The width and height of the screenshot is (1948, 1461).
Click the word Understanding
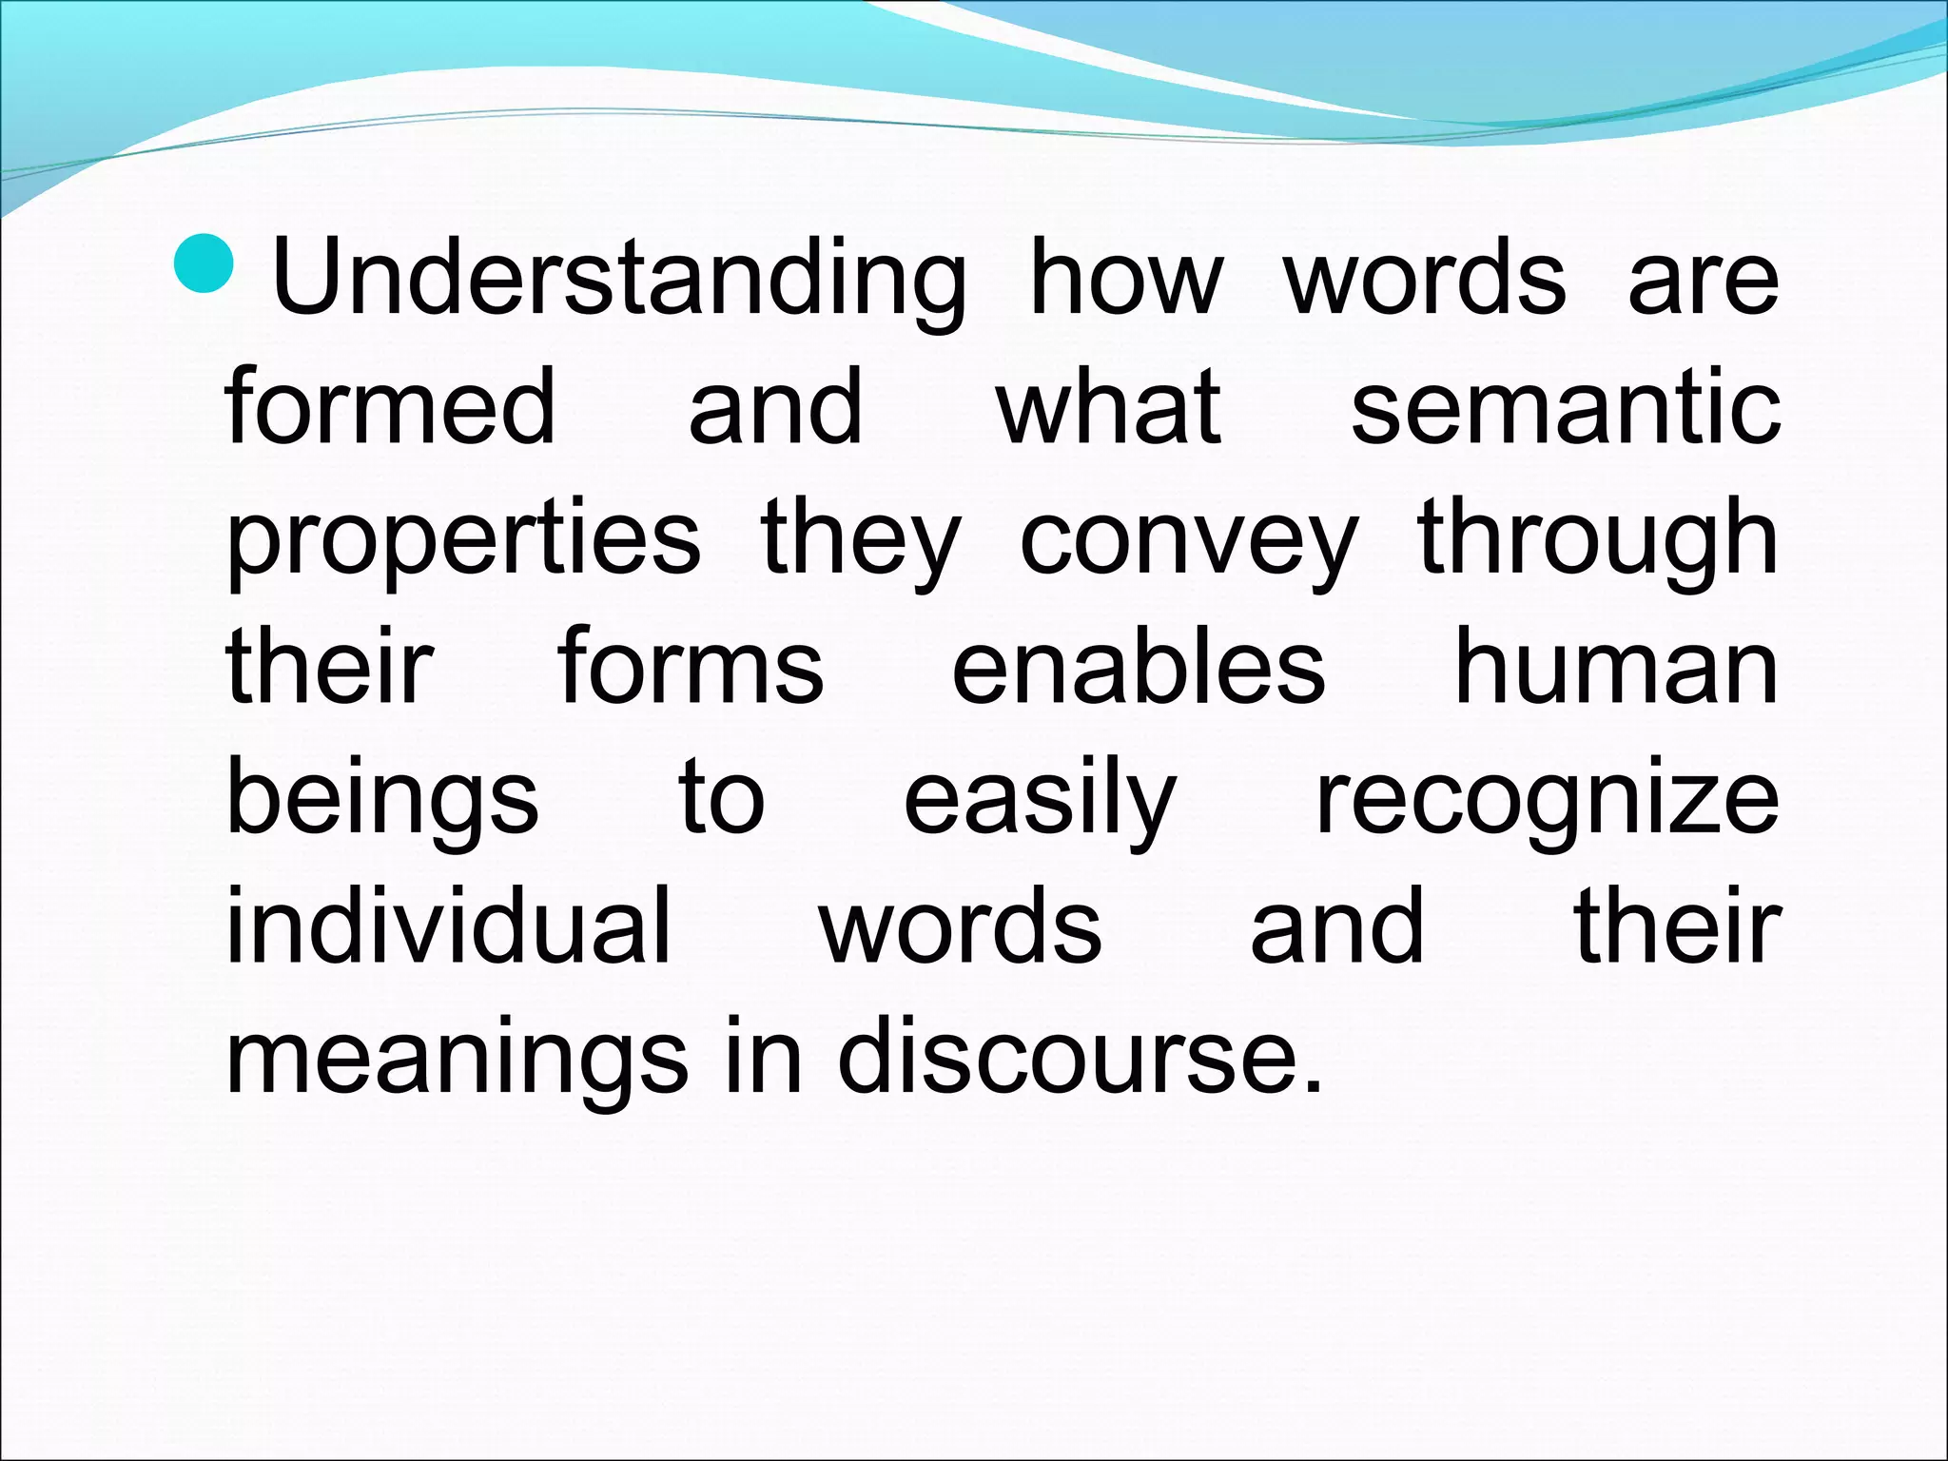tap(619, 279)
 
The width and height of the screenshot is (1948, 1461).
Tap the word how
tap(1126, 279)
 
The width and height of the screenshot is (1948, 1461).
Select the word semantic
tap(1566, 409)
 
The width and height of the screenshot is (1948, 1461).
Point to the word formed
tap(390, 409)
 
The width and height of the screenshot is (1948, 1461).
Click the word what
tap(1108, 409)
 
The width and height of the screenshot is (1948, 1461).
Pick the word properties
tap(463, 540)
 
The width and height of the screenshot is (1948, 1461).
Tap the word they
tap(861, 540)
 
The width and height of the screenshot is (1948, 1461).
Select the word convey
tap(1189, 540)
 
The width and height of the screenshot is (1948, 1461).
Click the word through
tap(1598, 540)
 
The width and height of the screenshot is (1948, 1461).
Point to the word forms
tap(691, 669)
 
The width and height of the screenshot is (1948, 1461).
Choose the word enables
tap(1139, 669)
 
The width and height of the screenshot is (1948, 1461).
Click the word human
tap(1616, 669)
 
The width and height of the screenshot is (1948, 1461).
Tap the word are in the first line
tap(1703, 279)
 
